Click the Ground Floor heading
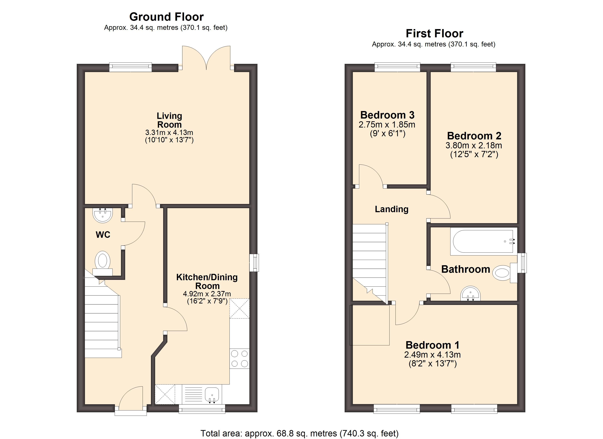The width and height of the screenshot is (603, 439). (x=166, y=17)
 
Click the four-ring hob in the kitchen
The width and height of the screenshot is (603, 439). (x=240, y=359)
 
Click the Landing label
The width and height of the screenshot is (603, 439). (x=391, y=209)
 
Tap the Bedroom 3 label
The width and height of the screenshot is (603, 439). (x=387, y=115)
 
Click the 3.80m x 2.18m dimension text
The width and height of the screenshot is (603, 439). (x=474, y=146)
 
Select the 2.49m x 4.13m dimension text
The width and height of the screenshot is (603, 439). (x=432, y=355)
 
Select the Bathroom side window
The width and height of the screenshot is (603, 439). (x=523, y=263)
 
